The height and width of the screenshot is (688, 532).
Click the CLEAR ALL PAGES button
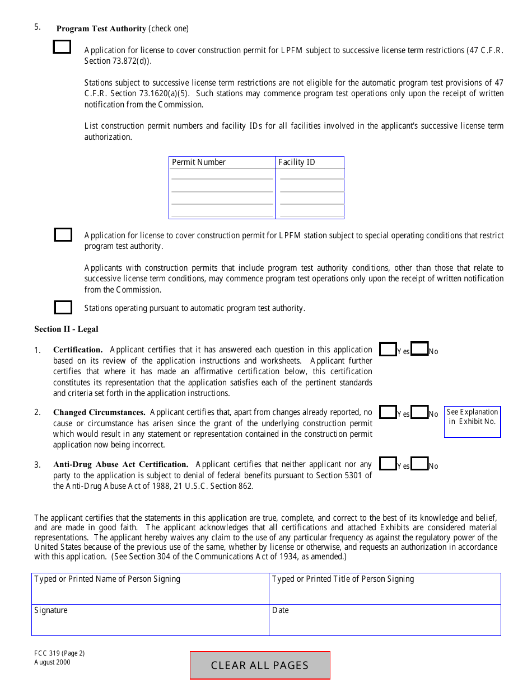(260, 665)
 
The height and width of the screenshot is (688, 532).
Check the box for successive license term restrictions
(62, 47)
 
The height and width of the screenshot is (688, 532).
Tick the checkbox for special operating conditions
(63, 234)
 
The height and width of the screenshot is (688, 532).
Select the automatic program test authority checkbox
(63, 307)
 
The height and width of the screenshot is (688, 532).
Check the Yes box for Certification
(388, 349)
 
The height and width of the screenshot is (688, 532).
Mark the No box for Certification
(419, 349)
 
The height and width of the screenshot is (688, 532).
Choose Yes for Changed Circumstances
(388, 412)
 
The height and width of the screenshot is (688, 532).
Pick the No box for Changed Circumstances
(419, 412)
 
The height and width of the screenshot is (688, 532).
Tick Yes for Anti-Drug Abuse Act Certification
(388, 464)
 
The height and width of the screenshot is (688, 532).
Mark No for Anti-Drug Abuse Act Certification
(419, 464)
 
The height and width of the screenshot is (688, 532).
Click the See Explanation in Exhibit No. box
(472, 422)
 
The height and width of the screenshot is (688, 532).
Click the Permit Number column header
(199, 162)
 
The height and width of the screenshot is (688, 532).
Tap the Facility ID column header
(297, 162)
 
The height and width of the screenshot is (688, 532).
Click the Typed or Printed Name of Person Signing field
(150, 589)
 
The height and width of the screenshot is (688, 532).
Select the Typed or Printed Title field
(385, 589)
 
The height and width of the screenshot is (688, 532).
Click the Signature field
(150, 620)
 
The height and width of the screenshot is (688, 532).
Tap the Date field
(385, 620)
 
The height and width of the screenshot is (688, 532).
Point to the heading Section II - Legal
(66, 329)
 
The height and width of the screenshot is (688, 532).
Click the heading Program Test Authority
(101, 29)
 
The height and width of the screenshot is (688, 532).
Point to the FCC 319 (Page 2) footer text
(59, 653)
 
